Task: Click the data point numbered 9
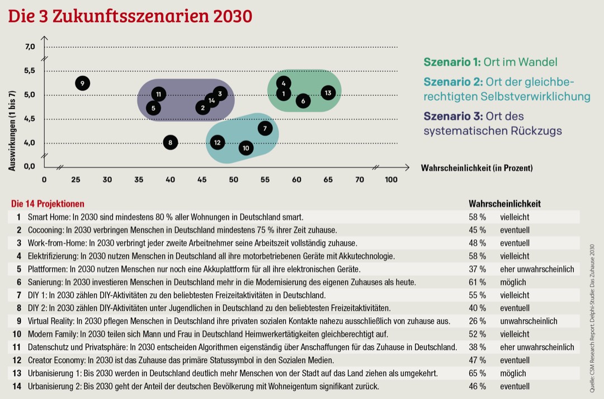point(82,83)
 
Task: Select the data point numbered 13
point(328,92)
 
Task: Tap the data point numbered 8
point(171,143)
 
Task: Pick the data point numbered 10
point(246,148)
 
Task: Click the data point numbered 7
point(265,128)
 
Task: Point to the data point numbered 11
point(159,94)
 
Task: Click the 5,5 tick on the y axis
point(29,71)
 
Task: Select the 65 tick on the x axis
point(328,180)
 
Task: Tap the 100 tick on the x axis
point(391,180)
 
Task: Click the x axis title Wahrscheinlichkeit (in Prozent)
point(476,167)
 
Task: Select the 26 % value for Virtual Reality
point(477,321)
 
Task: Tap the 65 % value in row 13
point(477,373)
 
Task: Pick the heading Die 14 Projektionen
point(48,204)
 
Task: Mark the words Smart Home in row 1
point(45,217)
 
